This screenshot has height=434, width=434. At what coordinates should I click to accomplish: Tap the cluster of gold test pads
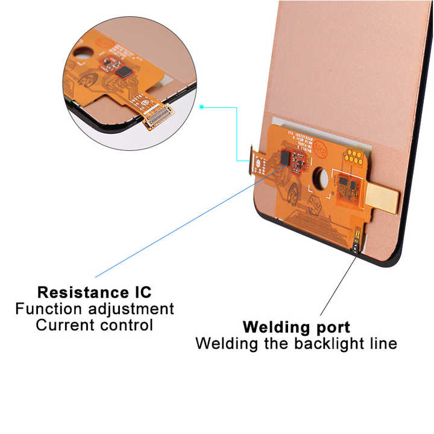(353, 157)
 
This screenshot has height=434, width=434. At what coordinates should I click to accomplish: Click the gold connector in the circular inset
(158, 114)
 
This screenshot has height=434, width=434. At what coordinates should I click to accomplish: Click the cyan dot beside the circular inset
(202, 107)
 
